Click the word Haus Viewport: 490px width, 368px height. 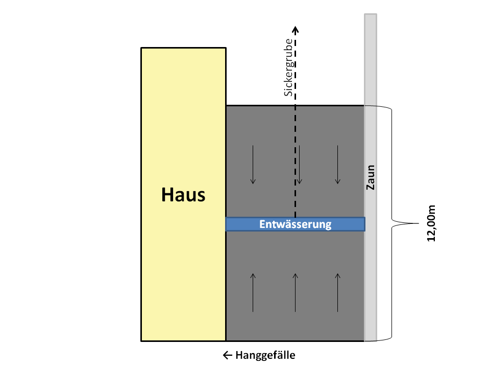[183, 195]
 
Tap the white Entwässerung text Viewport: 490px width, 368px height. [296, 224]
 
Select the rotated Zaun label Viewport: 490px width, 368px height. [371, 177]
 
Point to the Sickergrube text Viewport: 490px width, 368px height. [288, 67]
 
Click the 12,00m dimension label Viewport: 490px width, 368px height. [431, 223]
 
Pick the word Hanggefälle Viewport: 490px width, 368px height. [265, 355]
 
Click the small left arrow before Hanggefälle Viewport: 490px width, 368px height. [228, 355]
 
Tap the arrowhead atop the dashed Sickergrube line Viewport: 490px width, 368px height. [296, 30]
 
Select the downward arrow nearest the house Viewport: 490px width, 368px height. [253, 165]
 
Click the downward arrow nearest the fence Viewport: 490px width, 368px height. [337, 165]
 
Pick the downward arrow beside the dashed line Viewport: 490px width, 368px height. [300, 165]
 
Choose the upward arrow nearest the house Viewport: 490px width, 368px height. [253, 292]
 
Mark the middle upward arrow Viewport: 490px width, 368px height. [296, 292]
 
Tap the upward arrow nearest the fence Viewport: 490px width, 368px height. [337, 292]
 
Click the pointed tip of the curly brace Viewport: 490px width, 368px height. [419, 223]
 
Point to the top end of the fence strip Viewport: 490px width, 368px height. [371, 14]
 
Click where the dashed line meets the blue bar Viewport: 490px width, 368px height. [296, 218]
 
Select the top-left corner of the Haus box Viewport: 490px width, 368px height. [141, 48]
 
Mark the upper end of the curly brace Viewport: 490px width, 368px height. [364, 106]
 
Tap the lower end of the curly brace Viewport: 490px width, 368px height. [364, 341]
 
